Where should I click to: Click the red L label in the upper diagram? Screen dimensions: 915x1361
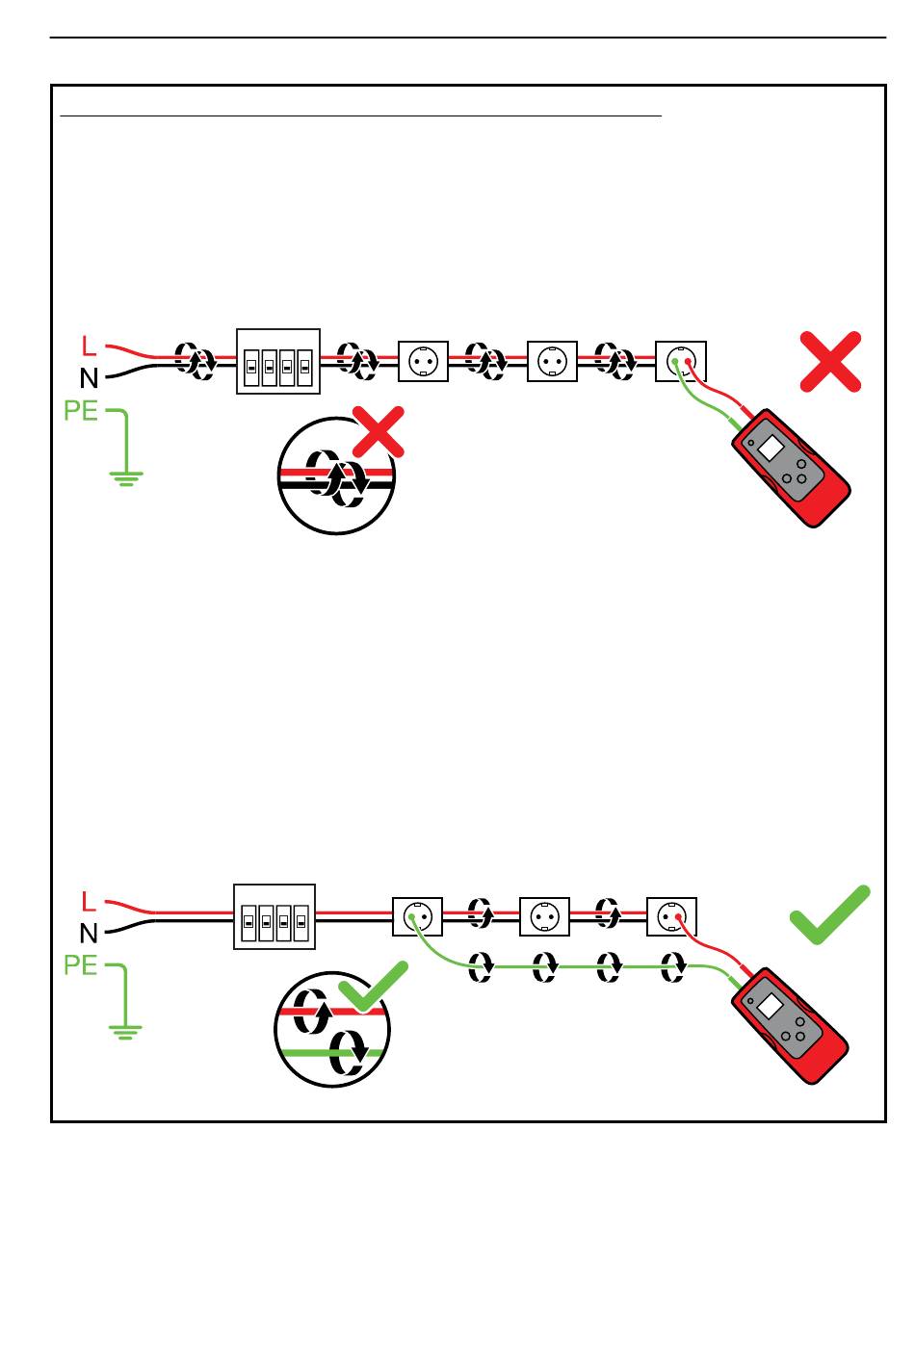click(89, 347)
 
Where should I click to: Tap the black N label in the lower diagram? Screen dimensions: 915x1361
click(89, 934)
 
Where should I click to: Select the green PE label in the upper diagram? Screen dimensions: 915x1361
click(81, 411)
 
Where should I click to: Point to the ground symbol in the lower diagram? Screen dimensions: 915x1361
click(125, 1031)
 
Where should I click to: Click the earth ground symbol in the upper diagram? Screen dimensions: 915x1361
click(126, 478)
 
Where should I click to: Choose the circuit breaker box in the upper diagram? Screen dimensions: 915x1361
click(277, 362)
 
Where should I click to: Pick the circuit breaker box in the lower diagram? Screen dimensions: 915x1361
click(274, 916)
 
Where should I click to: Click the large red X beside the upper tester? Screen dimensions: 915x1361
click(830, 362)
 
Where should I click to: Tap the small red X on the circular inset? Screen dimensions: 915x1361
click(379, 432)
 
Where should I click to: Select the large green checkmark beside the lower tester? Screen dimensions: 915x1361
click(830, 915)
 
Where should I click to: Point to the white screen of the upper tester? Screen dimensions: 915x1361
click(771, 449)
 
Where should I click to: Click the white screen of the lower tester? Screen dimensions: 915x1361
click(770, 1006)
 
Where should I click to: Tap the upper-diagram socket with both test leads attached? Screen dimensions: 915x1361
click(680, 362)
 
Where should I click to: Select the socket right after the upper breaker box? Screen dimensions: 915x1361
click(423, 362)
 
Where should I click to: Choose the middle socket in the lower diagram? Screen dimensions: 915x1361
click(544, 916)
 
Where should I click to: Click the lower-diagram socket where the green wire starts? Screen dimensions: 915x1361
click(417, 916)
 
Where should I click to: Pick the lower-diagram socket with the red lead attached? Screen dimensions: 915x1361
click(671, 916)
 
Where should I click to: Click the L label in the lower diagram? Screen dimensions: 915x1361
click(89, 901)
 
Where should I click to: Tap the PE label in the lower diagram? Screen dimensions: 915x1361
click(81, 964)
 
